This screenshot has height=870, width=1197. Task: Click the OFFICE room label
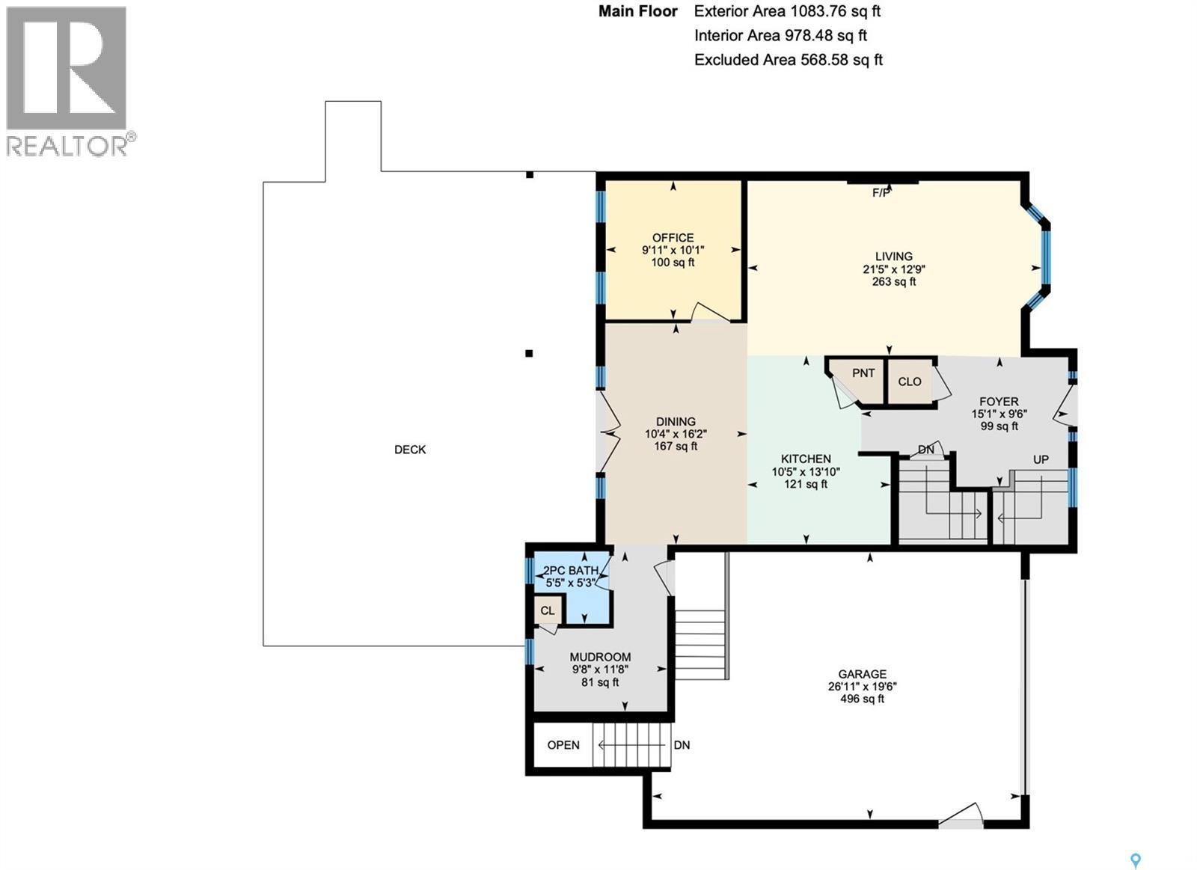tap(673, 238)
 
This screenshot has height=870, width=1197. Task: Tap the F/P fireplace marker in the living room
tap(881, 193)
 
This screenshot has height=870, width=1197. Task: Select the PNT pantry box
tap(863, 373)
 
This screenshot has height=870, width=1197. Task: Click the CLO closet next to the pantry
tap(910, 382)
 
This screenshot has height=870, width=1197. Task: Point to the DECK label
tap(410, 450)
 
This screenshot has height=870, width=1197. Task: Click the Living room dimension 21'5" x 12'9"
tap(894, 269)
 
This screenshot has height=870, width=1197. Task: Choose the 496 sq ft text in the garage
tap(862, 699)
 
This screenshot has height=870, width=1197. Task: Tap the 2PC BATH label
tap(570, 570)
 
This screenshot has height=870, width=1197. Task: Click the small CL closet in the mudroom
tap(548, 610)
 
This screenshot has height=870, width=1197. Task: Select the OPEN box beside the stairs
tap(563, 745)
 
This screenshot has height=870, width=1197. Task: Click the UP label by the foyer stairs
tap(1041, 459)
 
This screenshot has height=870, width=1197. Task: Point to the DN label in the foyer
tap(926, 450)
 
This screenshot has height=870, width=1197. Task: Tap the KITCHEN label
tap(806, 459)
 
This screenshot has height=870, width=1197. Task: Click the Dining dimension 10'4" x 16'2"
tap(676, 434)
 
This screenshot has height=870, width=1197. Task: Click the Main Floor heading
tap(637, 11)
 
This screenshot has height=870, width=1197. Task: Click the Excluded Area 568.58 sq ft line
tap(788, 60)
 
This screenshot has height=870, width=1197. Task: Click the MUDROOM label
tap(600, 657)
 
